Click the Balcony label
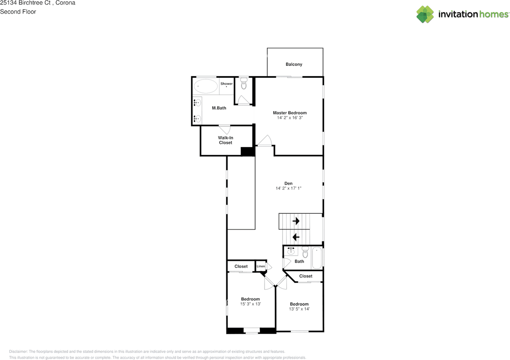pos(294,64)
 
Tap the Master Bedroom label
pos(290,113)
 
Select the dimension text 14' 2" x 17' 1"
pos(288,188)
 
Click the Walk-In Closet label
pos(225,140)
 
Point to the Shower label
pos(226,84)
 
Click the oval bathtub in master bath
pos(206,86)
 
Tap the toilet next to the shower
pos(244,85)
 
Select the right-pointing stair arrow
pos(296,220)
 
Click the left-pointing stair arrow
pos(296,237)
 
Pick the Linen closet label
pos(261,266)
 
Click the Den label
pos(288,183)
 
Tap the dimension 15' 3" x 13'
pos(250,304)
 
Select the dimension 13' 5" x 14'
pos(299,309)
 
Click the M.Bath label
pos(219,108)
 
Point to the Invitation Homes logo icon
pos(425,14)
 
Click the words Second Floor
pos(18,12)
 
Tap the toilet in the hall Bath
pos(305,252)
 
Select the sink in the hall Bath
pos(291,251)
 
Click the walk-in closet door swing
pos(225,130)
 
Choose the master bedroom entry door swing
pos(264,141)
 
